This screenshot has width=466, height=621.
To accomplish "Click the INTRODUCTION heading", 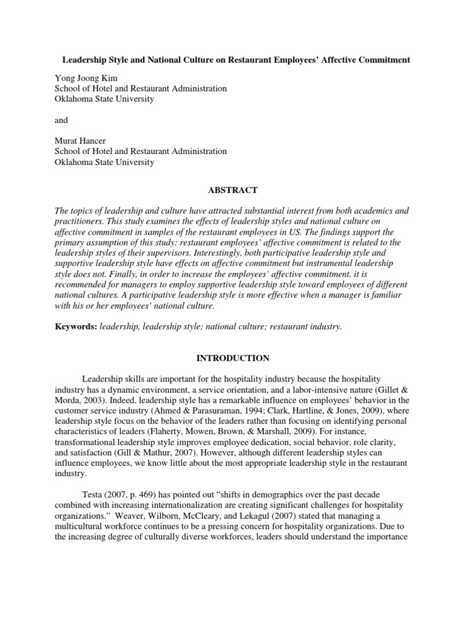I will click(x=232, y=358).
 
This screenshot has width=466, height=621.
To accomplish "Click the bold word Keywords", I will click(x=75, y=326).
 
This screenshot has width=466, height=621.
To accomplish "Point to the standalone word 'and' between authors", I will click(x=61, y=119).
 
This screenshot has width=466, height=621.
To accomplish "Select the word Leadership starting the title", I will click(x=88, y=59).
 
